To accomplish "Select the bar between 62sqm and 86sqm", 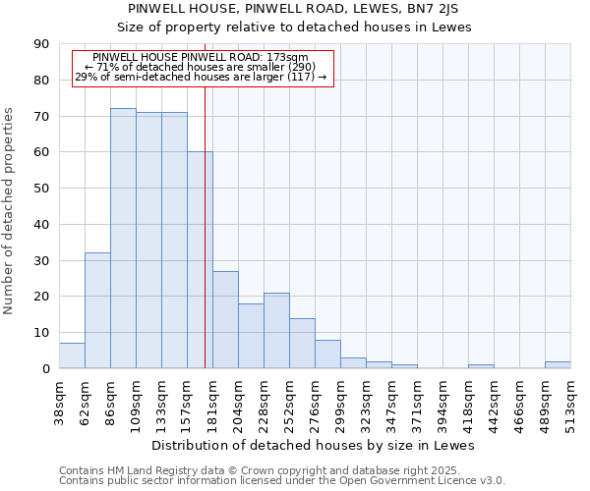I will (97, 310).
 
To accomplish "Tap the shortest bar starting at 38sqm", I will (72, 355).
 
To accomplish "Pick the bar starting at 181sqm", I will (225, 319).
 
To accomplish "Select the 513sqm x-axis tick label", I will (570, 402).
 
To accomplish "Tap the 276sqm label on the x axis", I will (316, 402).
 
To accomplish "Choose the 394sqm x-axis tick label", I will (442, 402).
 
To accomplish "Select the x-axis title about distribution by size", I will (315, 445).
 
